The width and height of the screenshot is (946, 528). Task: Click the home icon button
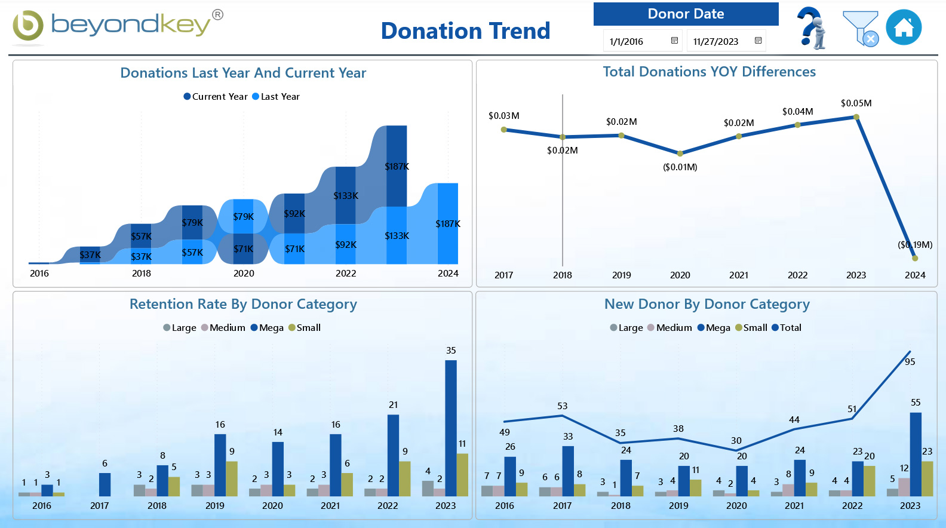[904, 27]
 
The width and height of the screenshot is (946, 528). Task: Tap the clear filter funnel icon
[861, 28]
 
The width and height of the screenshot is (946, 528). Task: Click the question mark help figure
[812, 28]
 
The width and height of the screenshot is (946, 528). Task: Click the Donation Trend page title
[465, 31]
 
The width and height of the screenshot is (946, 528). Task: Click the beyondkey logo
[117, 26]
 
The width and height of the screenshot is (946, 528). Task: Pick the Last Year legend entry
[276, 97]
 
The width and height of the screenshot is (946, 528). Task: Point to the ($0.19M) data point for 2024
[915, 258]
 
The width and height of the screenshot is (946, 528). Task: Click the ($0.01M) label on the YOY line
[680, 167]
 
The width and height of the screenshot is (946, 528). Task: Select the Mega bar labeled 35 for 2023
[451, 427]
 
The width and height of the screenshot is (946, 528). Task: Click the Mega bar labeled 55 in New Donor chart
[916, 454]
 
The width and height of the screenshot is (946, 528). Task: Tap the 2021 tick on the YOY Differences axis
[739, 275]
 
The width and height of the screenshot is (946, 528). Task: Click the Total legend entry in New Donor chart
[787, 328]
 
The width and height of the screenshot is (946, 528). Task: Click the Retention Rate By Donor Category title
[243, 304]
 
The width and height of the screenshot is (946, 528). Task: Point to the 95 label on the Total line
[910, 361]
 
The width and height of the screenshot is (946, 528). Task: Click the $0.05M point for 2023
[856, 117]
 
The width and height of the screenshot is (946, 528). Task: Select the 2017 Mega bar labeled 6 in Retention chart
[105, 484]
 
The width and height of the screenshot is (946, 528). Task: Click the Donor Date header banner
[686, 14]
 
